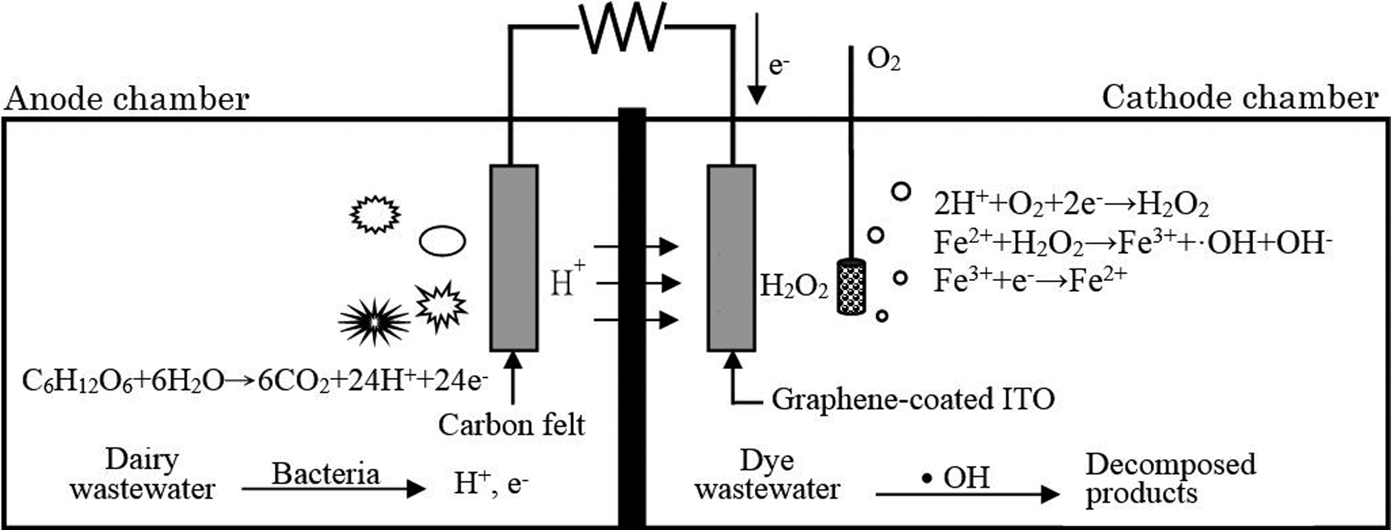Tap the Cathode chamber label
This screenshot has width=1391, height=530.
click(x=1240, y=99)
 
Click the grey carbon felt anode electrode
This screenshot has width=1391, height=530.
click(x=514, y=258)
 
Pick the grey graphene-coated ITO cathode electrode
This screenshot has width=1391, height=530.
click(x=732, y=258)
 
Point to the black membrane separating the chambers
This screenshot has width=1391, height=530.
click(x=632, y=318)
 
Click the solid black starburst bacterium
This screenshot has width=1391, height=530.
click(x=374, y=322)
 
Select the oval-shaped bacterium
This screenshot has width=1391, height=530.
click(x=442, y=241)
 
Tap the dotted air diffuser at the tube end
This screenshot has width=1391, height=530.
click(x=852, y=287)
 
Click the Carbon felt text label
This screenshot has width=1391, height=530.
click(x=511, y=425)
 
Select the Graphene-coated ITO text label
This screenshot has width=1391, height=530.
click(x=913, y=400)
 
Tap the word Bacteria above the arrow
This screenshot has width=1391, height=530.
click(x=325, y=474)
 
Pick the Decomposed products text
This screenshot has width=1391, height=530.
click(x=1171, y=479)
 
